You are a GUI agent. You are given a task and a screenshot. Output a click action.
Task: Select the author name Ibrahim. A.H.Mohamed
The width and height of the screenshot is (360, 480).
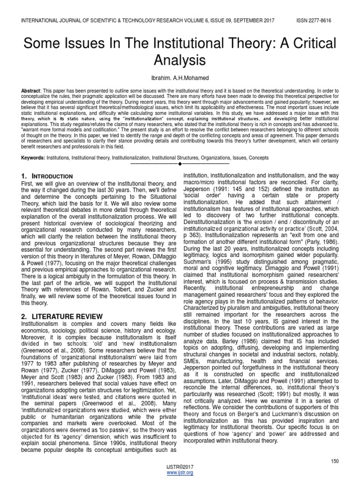tap(180, 78)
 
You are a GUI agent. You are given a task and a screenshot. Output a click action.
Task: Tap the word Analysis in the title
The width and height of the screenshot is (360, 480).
tap(180, 60)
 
